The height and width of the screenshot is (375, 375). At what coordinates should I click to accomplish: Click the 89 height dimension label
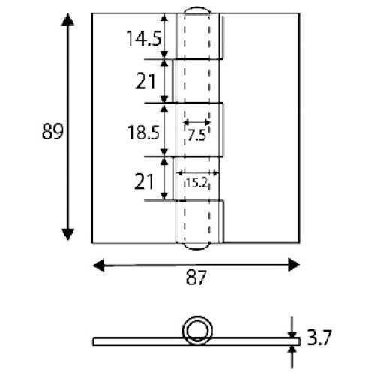point(50,132)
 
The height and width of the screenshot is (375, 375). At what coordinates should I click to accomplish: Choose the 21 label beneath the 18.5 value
point(145,180)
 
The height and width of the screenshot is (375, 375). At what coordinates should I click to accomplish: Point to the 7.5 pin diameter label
point(196,136)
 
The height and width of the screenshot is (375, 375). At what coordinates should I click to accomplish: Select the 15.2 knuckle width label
point(196,181)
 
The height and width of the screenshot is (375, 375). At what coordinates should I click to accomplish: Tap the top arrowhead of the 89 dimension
point(68,20)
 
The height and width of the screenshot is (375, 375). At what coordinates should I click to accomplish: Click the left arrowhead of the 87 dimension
point(97,263)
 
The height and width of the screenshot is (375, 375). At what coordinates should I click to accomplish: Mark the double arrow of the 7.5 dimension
point(197,123)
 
